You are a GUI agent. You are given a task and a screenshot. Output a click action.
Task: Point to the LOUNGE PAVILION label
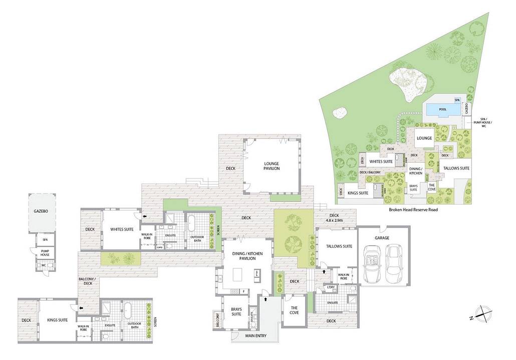[272, 166]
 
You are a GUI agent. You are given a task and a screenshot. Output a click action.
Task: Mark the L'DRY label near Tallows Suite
[331, 287]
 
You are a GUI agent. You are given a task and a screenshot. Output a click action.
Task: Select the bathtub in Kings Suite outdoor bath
[128, 311]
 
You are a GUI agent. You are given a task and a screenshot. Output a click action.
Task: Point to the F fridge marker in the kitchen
[243, 291]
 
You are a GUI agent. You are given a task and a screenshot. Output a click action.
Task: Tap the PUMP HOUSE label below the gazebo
[45, 253]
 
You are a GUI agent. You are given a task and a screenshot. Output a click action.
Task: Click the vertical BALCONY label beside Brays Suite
[217, 320]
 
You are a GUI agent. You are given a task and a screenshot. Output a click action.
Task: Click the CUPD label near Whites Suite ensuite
[160, 247]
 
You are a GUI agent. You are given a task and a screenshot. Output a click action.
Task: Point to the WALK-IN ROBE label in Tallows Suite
[343, 277]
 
